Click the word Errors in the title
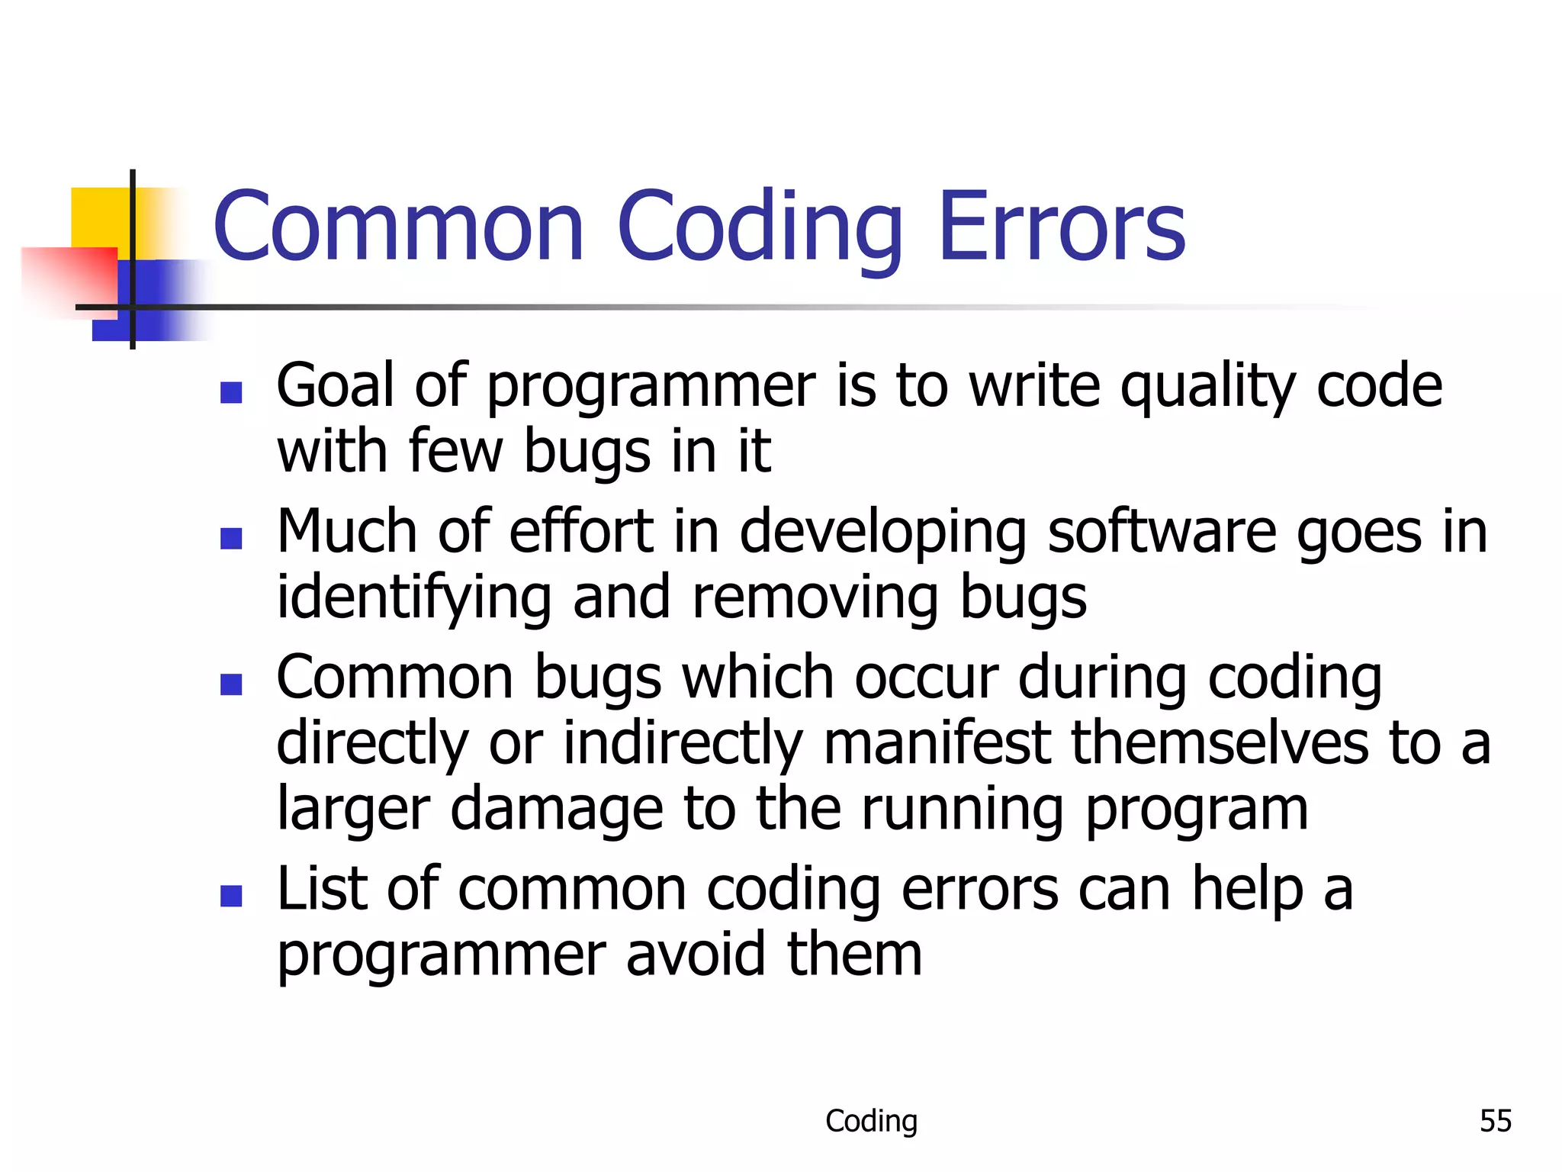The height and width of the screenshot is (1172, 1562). tap(1062, 227)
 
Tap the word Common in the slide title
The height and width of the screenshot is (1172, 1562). tap(398, 227)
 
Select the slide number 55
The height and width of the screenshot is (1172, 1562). tap(1495, 1121)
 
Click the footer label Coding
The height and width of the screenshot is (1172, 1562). tap(871, 1121)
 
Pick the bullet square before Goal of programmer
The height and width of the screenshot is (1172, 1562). tap(231, 392)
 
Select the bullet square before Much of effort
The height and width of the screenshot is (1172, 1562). tap(231, 539)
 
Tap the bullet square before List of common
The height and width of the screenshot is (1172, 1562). tap(231, 896)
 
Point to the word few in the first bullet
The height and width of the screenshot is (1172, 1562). tap(455, 452)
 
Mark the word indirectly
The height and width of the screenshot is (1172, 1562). tap(683, 744)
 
